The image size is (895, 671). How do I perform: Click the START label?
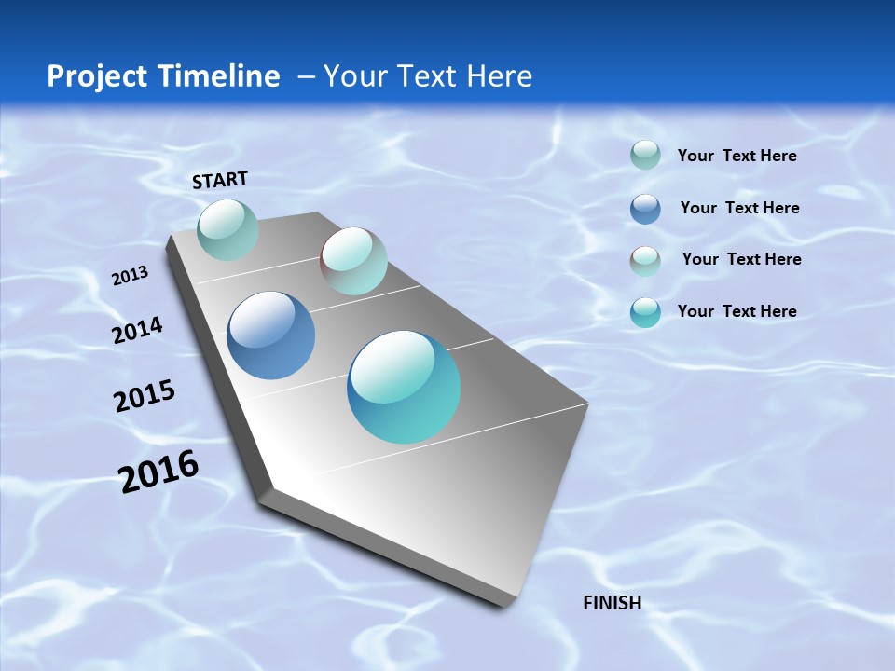click(220, 180)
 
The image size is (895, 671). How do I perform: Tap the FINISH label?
click(612, 603)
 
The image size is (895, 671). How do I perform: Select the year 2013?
click(130, 275)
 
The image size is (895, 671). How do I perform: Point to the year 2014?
click(137, 331)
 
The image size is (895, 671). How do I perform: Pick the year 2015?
click(145, 397)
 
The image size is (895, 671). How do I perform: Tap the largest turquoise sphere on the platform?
click(404, 387)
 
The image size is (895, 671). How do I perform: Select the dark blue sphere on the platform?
click(270, 335)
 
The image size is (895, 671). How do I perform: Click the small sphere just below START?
click(227, 229)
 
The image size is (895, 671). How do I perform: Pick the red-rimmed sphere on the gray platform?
click(353, 261)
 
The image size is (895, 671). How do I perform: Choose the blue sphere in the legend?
click(645, 209)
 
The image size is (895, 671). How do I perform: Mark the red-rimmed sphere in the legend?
click(645, 260)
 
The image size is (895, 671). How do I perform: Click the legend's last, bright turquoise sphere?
click(645, 312)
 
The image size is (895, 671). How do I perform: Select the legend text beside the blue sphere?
click(739, 208)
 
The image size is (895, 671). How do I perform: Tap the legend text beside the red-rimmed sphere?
click(741, 259)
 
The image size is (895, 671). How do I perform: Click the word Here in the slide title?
click(499, 76)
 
